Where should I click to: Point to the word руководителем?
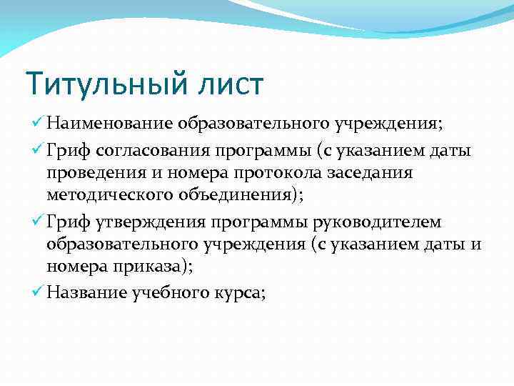382,224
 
